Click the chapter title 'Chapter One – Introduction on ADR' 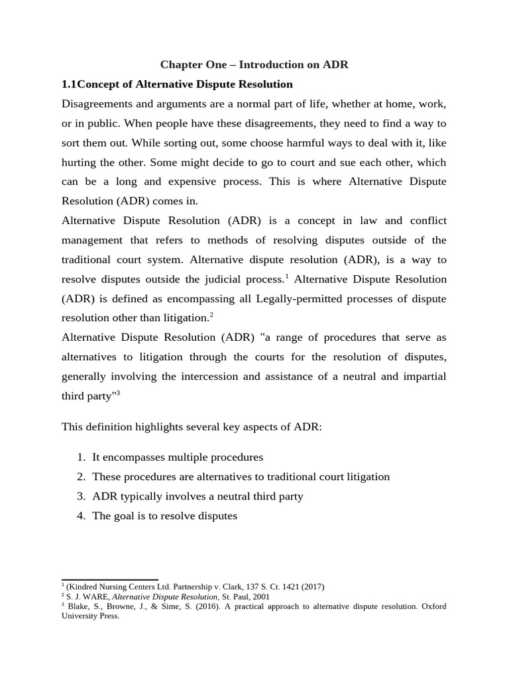coord(254,65)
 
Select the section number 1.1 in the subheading coord(70,84)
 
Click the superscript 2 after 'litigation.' coord(211,314)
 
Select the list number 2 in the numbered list coord(80,477)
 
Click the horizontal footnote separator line coord(109,580)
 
